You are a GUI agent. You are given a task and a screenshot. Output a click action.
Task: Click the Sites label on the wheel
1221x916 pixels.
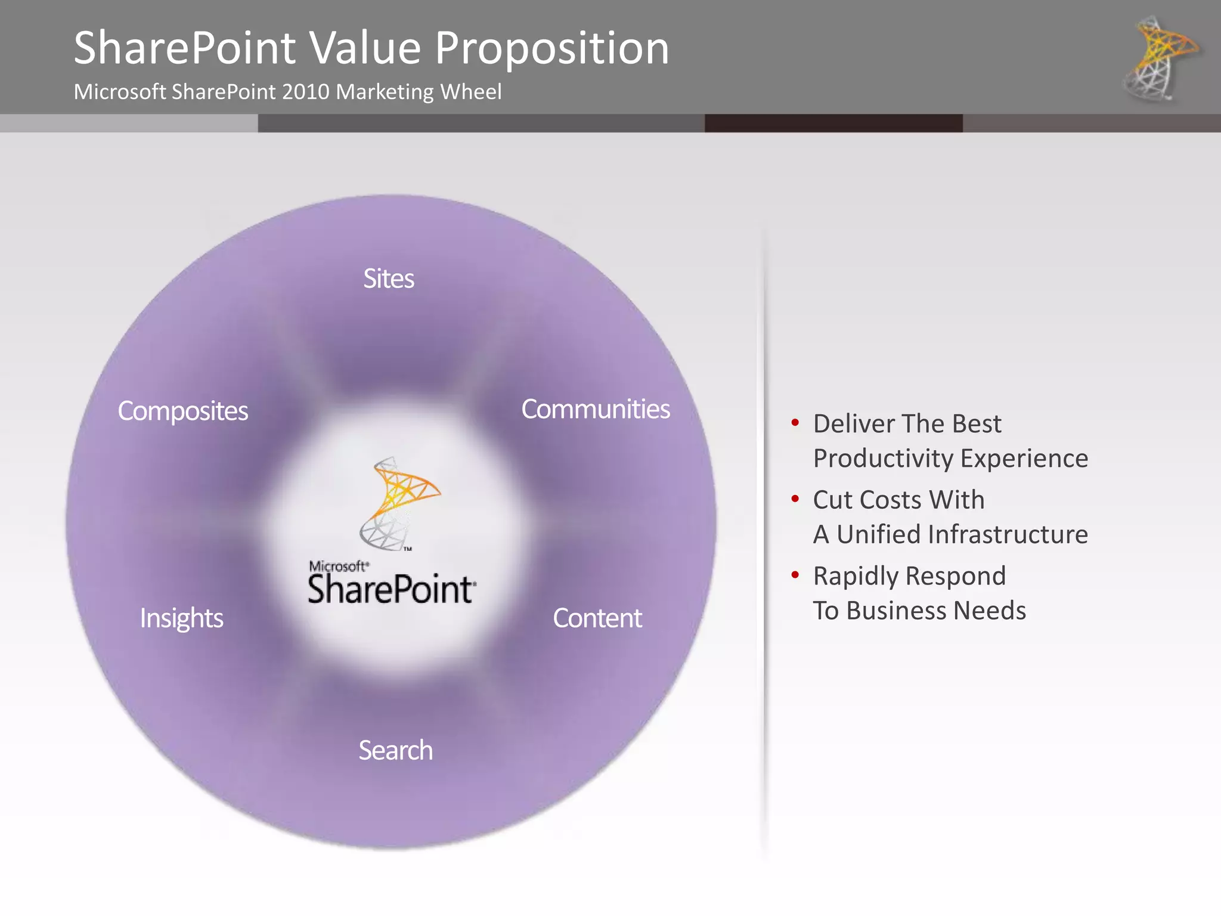coord(389,278)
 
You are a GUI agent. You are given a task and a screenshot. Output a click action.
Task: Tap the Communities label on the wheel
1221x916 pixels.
coord(596,409)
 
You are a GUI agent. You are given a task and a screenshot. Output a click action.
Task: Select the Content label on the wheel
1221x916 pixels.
coord(597,618)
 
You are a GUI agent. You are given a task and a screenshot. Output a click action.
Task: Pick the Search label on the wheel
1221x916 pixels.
coord(395,750)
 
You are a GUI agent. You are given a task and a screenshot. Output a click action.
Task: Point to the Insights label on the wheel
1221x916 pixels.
coord(182,618)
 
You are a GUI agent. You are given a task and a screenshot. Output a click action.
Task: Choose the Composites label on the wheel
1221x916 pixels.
coord(182,411)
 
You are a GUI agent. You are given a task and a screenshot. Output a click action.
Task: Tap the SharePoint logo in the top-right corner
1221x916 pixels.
coord(1160,58)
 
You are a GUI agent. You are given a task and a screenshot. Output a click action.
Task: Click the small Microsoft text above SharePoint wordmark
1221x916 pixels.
coord(338,566)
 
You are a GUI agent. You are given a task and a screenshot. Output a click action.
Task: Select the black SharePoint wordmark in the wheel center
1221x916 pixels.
coord(391,589)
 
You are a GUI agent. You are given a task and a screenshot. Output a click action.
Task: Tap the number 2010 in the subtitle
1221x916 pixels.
coord(305,92)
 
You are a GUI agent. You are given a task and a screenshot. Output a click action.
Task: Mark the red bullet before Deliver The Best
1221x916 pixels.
coord(795,423)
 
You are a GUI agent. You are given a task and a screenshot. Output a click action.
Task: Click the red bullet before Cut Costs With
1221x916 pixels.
coord(795,499)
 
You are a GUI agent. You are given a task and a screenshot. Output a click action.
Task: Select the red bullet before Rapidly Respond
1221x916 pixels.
coord(795,575)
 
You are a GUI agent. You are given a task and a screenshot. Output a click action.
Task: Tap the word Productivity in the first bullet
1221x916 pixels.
coord(883,459)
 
